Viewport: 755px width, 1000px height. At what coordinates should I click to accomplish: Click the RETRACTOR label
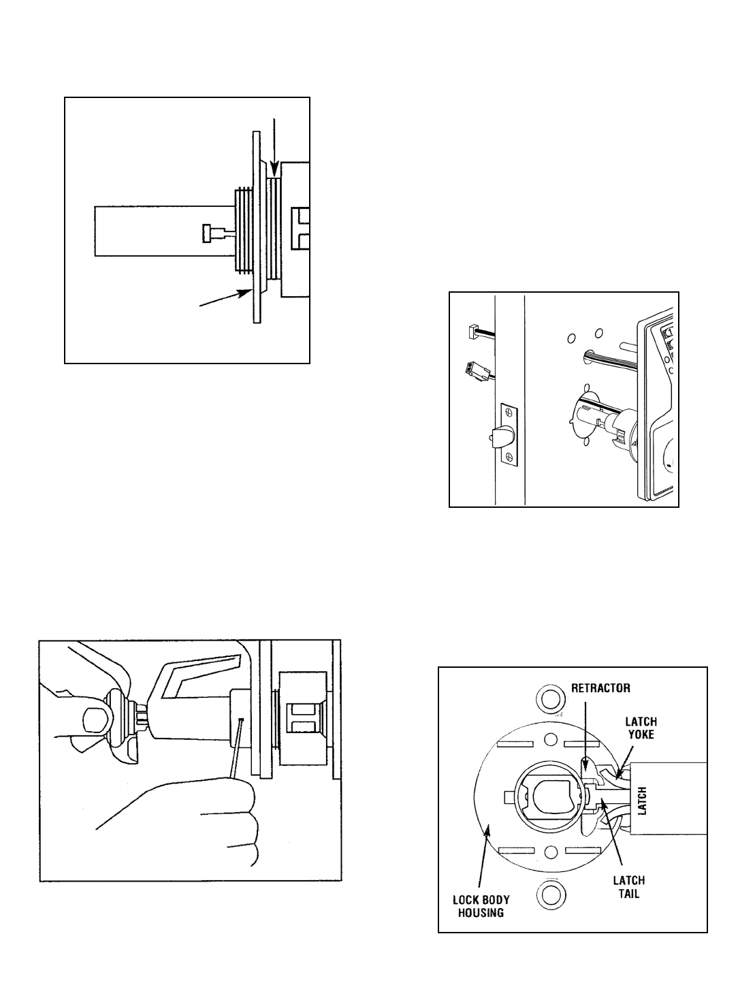pyautogui.click(x=600, y=688)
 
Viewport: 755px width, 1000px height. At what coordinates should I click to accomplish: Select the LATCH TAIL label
pyautogui.click(x=628, y=886)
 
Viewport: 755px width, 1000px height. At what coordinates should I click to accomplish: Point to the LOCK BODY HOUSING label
pyautogui.click(x=481, y=906)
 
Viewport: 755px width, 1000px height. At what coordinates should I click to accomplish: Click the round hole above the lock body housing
pyautogui.click(x=549, y=698)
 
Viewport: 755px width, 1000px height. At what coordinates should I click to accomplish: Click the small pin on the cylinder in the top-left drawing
pyautogui.click(x=213, y=233)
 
